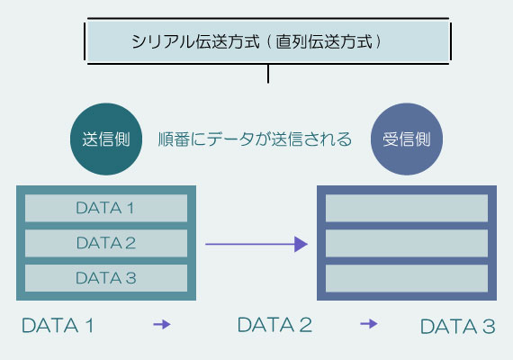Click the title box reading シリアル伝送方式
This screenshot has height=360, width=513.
point(267,41)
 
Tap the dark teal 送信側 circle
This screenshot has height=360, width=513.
point(106,140)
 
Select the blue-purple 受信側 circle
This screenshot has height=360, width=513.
point(407,140)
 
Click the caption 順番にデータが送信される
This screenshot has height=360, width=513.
point(254,140)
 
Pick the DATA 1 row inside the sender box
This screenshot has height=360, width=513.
point(105,209)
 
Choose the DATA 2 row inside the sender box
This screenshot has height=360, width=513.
point(105,243)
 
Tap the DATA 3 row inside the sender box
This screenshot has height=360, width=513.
point(105,277)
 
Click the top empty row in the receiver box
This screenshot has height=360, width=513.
point(406,209)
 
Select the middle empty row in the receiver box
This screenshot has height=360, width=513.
point(406,243)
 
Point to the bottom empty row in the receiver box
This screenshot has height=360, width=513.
point(406,277)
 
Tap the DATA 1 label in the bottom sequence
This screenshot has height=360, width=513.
point(58,326)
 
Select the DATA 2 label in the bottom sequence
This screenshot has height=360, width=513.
point(274,325)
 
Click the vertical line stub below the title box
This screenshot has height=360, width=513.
point(268,72)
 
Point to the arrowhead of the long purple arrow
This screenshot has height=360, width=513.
point(301,244)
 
